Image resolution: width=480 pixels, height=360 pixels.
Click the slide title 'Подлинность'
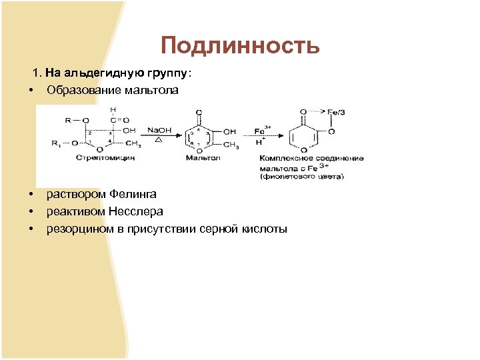240,45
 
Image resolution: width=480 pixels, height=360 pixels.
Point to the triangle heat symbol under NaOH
157,141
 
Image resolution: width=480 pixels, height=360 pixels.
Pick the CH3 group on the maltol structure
231,145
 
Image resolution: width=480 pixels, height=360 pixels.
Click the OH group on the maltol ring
229,131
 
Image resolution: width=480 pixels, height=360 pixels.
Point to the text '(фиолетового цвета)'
303,177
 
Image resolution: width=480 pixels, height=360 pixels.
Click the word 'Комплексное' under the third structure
285,159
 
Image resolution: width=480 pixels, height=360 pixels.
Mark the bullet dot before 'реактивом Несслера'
31,211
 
